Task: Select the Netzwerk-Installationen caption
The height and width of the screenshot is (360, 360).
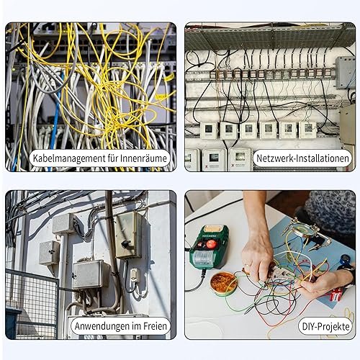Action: [302, 158]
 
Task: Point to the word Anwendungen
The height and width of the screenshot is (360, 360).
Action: [102, 326]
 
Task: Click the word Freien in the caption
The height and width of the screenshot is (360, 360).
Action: [155, 326]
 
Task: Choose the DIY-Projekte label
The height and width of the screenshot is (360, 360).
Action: [325, 327]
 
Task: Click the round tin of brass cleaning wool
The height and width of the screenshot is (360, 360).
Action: [223, 284]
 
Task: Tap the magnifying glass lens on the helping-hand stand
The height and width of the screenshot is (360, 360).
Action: [303, 230]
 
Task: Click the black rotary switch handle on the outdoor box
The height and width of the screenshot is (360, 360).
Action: [126, 244]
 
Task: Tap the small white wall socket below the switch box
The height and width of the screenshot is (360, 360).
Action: [135, 275]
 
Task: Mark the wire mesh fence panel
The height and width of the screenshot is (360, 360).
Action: [32, 304]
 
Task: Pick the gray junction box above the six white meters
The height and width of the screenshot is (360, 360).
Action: [346, 72]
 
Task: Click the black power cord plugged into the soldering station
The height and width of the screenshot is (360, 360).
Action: [198, 282]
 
